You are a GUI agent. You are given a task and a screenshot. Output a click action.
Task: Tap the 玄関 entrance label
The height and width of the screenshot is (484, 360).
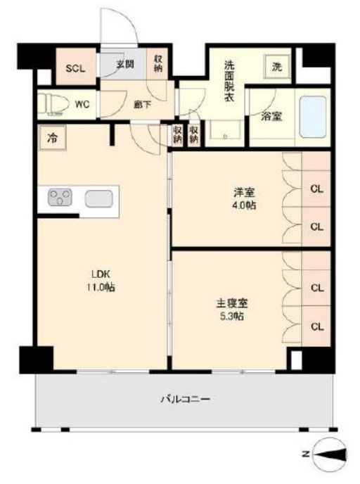coord(125,65)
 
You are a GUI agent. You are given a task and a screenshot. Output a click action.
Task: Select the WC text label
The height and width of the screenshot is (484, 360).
coord(82,105)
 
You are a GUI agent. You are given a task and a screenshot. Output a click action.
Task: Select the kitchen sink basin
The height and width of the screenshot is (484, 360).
coord(98,199)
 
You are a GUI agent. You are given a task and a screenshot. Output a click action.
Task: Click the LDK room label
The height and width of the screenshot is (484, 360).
coord(96,274)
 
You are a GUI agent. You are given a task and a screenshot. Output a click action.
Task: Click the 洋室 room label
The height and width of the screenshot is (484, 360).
coord(243,191)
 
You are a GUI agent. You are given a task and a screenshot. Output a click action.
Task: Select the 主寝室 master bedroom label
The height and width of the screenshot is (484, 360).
coord(232,304)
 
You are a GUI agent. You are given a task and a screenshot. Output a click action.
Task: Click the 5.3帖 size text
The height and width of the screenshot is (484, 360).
coord(232,317)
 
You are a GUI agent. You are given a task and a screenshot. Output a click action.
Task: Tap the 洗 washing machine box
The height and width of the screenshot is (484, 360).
coord(276,67)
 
